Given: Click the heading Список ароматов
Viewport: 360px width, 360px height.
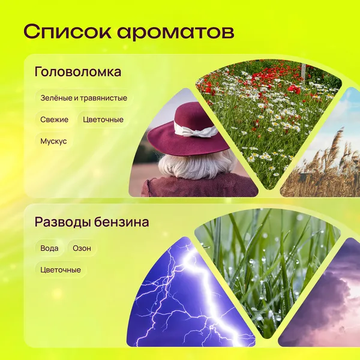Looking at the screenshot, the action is (x=129, y=32).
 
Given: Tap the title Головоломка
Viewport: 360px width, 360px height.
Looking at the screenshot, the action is (x=78, y=71).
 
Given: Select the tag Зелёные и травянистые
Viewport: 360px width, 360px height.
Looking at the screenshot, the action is (x=84, y=98).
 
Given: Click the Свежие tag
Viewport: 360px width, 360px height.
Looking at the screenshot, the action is (x=55, y=119).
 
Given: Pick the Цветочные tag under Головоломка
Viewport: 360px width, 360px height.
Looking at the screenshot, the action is (x=103, y=119).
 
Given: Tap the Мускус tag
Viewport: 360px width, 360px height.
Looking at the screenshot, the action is (x=53, y=141).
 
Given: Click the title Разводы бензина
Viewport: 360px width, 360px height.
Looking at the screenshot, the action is (x=92, y=222).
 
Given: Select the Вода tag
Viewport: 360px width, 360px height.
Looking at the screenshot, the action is (x=49, y=248).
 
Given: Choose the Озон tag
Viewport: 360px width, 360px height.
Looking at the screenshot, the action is (x=82, y=248).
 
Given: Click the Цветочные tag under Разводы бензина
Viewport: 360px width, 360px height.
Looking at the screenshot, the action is (x=61, y=269).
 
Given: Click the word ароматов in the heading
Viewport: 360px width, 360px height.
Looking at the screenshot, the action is (x=176, y=33).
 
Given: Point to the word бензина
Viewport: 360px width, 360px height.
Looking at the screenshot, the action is (x=122, y=222).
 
